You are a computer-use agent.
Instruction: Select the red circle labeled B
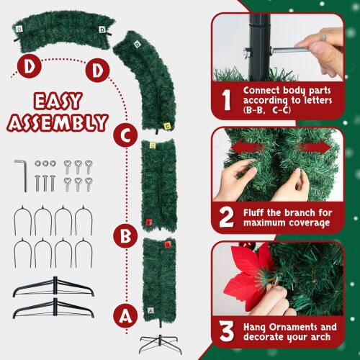pyautogui.click(x=125, y=234)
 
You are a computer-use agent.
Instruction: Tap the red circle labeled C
pyautogui.click(x=125, y=132)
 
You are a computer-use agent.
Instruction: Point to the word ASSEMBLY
pyautogui.click(x=55, y=122)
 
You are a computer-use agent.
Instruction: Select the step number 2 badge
pyautogui.click(x=226, y=215)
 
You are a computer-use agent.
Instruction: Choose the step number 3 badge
pyautogui.click(x=226, y=330)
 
